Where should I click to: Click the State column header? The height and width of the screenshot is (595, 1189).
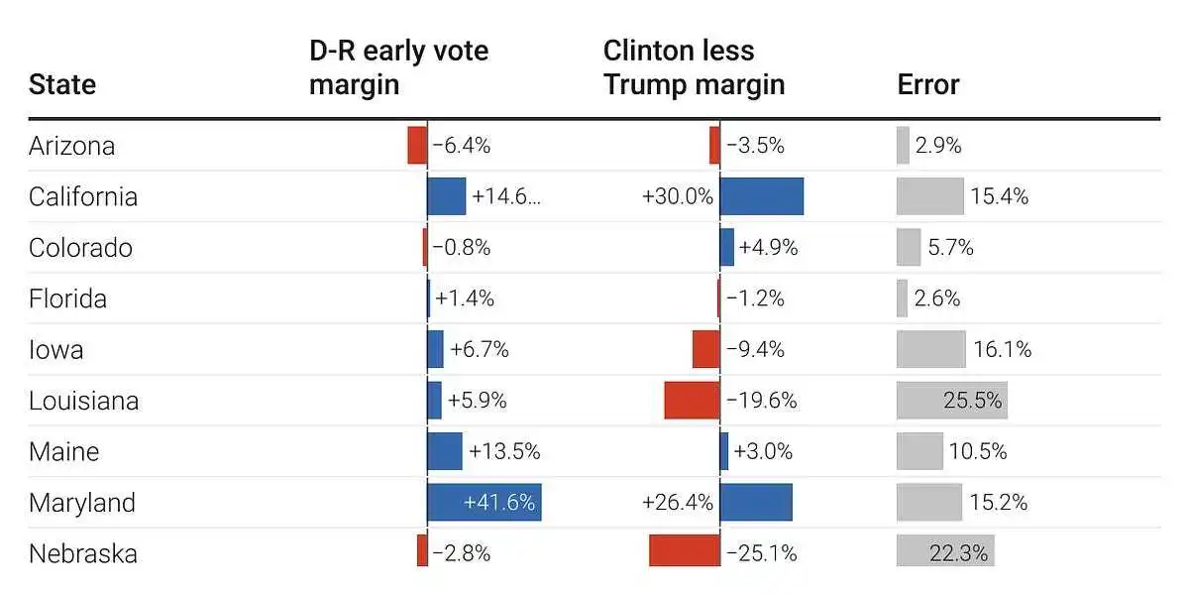(x=62, y=84)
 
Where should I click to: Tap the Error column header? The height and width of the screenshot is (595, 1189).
(x=928, y=84)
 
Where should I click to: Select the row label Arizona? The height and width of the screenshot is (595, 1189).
(x=71, y=146)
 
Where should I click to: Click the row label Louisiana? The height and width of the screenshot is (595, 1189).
(x=83, y=401)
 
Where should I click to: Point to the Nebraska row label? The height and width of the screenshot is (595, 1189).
(x=82, y=553)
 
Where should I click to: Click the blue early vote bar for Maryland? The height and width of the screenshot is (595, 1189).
(x=484, y=503)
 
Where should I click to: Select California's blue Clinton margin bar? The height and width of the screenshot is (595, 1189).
(x=761, y=196)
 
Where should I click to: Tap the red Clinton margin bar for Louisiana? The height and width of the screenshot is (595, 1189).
(x=692, y=401)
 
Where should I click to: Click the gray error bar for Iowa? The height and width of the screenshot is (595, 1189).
(x=930, y=349)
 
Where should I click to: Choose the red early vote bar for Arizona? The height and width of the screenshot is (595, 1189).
(x=417, y=146)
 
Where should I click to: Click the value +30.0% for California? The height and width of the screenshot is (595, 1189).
(x=678, y=196)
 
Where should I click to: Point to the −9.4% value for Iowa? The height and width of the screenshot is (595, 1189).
(x=755, y=349)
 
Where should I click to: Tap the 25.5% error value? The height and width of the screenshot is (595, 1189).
(x=972, y=401)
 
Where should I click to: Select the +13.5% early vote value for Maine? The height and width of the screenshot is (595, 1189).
(x=504, y=451)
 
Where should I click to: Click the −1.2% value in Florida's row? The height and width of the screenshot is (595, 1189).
(x=755, y=298)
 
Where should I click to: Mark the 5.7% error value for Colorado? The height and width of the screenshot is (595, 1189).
(x=951, y=248)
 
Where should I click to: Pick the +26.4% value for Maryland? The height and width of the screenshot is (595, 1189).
(x=678, y=503)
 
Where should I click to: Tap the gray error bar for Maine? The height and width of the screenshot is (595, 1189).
(x=919, y=451)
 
